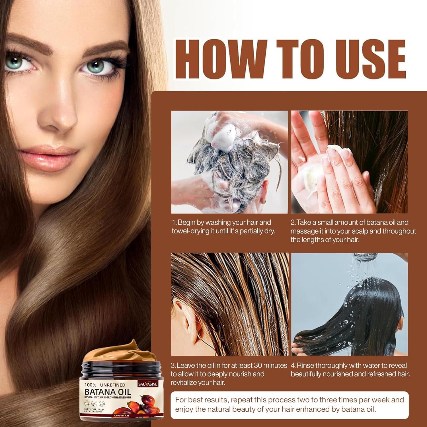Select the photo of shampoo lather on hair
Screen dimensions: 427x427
pyautogui.click(x=229, y=162)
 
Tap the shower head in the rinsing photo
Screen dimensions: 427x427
pyautogui.click(x=367, y=258)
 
